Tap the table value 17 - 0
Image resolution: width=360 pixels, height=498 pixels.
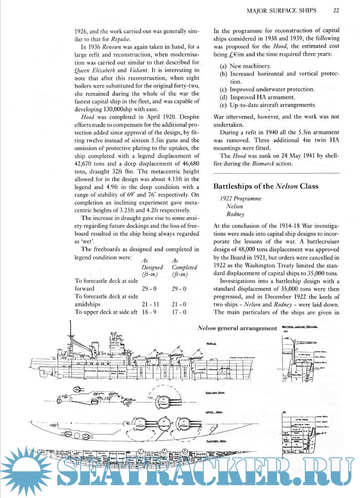(179, 312)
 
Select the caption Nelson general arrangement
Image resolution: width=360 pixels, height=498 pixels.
(237, 329)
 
